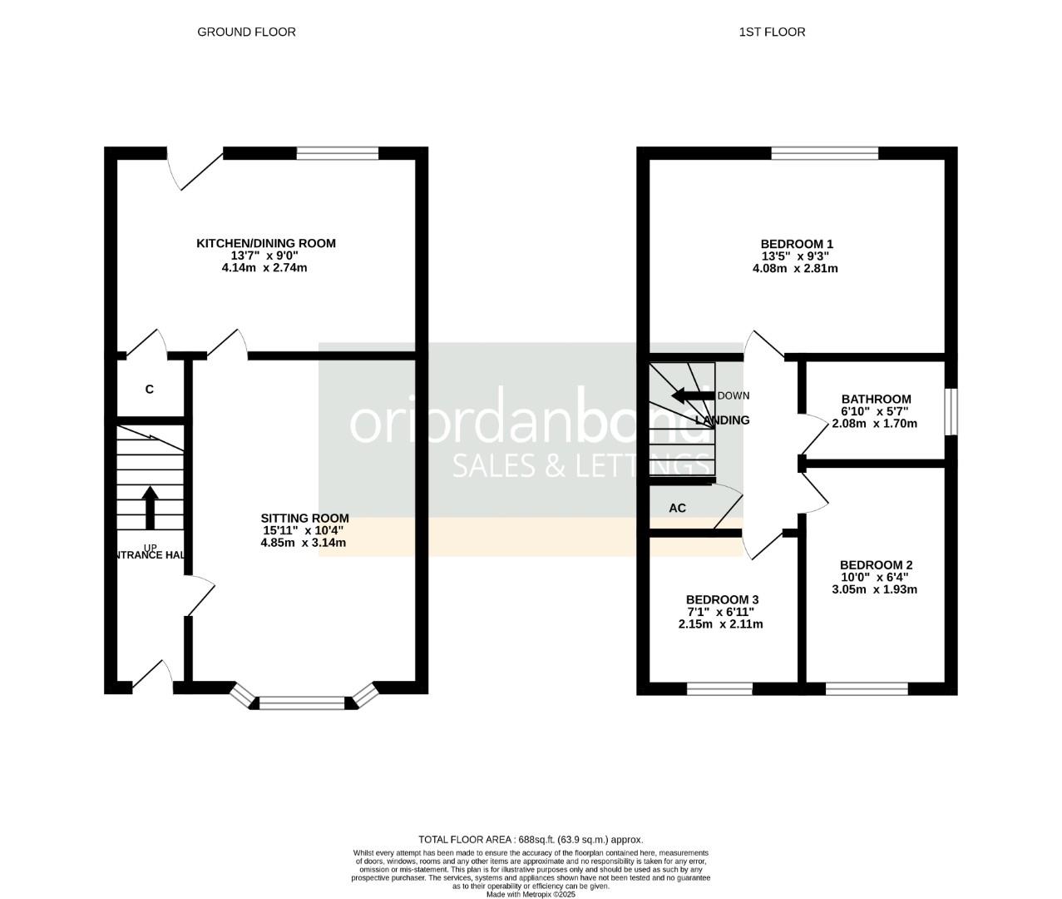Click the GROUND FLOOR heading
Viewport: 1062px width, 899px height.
246,32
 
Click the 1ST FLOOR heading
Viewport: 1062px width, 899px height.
772,32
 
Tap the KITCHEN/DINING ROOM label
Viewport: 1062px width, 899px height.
265,243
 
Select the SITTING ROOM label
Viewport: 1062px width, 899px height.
304,518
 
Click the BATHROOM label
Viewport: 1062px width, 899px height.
876,399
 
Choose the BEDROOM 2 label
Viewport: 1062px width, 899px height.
876,564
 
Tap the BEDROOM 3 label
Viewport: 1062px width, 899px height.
722,599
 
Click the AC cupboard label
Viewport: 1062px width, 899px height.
678,508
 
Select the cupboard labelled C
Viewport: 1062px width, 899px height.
150,389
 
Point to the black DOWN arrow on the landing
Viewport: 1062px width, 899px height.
693,395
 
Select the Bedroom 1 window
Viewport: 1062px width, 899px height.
824,152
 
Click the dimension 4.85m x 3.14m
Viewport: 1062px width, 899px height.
303,543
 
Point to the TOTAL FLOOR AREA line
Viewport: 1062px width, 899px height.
530,840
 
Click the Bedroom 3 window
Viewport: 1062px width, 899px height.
719,688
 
